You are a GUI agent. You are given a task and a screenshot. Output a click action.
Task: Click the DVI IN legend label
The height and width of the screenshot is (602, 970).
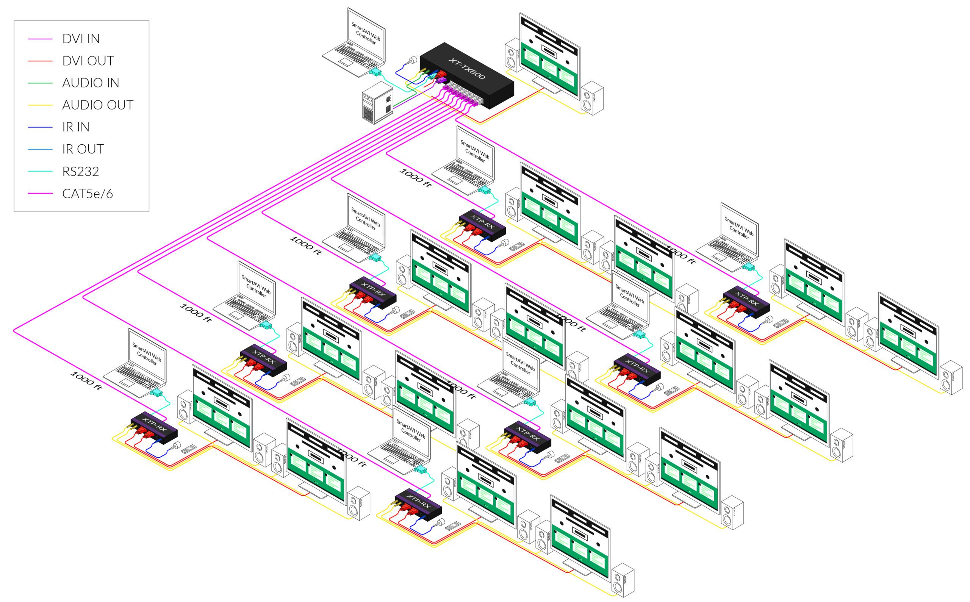pyautogui.click(x=81, y=39)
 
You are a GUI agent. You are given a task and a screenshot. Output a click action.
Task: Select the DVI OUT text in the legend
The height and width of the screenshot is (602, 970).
pyautogui.click(x=88, y=61)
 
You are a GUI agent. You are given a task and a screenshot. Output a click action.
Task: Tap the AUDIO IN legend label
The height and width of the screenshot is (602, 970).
pyautogui.click(x=91, y=83)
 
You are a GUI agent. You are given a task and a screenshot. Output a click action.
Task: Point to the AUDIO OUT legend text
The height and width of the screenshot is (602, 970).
pyautogui.click(x=97, y=105)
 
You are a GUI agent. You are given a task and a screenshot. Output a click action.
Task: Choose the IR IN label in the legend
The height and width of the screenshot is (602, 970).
pyautogui.click(x=76, y=127)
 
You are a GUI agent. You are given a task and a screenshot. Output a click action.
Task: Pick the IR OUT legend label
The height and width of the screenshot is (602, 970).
pyautogui.click(x=83, y=149)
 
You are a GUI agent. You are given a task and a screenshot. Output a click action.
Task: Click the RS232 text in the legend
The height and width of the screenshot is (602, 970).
pyautogui.click(x=80, y=172)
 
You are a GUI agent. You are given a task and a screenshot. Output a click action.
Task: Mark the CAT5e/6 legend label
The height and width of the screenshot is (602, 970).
pyautogui.click(x=88, y=194)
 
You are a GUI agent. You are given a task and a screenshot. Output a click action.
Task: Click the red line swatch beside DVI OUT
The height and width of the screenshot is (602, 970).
pyautogui.click(x=40, y=61)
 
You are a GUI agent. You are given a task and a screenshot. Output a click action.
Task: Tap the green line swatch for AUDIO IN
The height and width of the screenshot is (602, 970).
pyautogui.click(x=40, y=83)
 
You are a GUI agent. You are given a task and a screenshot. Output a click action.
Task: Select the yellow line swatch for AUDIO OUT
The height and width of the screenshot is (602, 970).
pyautogui.click(x=40, y=105)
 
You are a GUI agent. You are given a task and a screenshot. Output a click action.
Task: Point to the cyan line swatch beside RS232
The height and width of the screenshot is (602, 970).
pyautogui.click(x=40, y=172)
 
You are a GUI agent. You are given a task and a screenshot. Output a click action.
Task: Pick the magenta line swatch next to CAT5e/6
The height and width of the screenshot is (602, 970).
pyautogui.click(x=40, y=194)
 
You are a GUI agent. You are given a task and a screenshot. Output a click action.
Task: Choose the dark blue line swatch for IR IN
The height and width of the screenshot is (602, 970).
pyautogui.click(x=40, y=127)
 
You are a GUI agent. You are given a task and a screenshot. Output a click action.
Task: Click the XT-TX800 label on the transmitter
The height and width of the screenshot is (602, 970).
pyautogui.click(x=467, y=68)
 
